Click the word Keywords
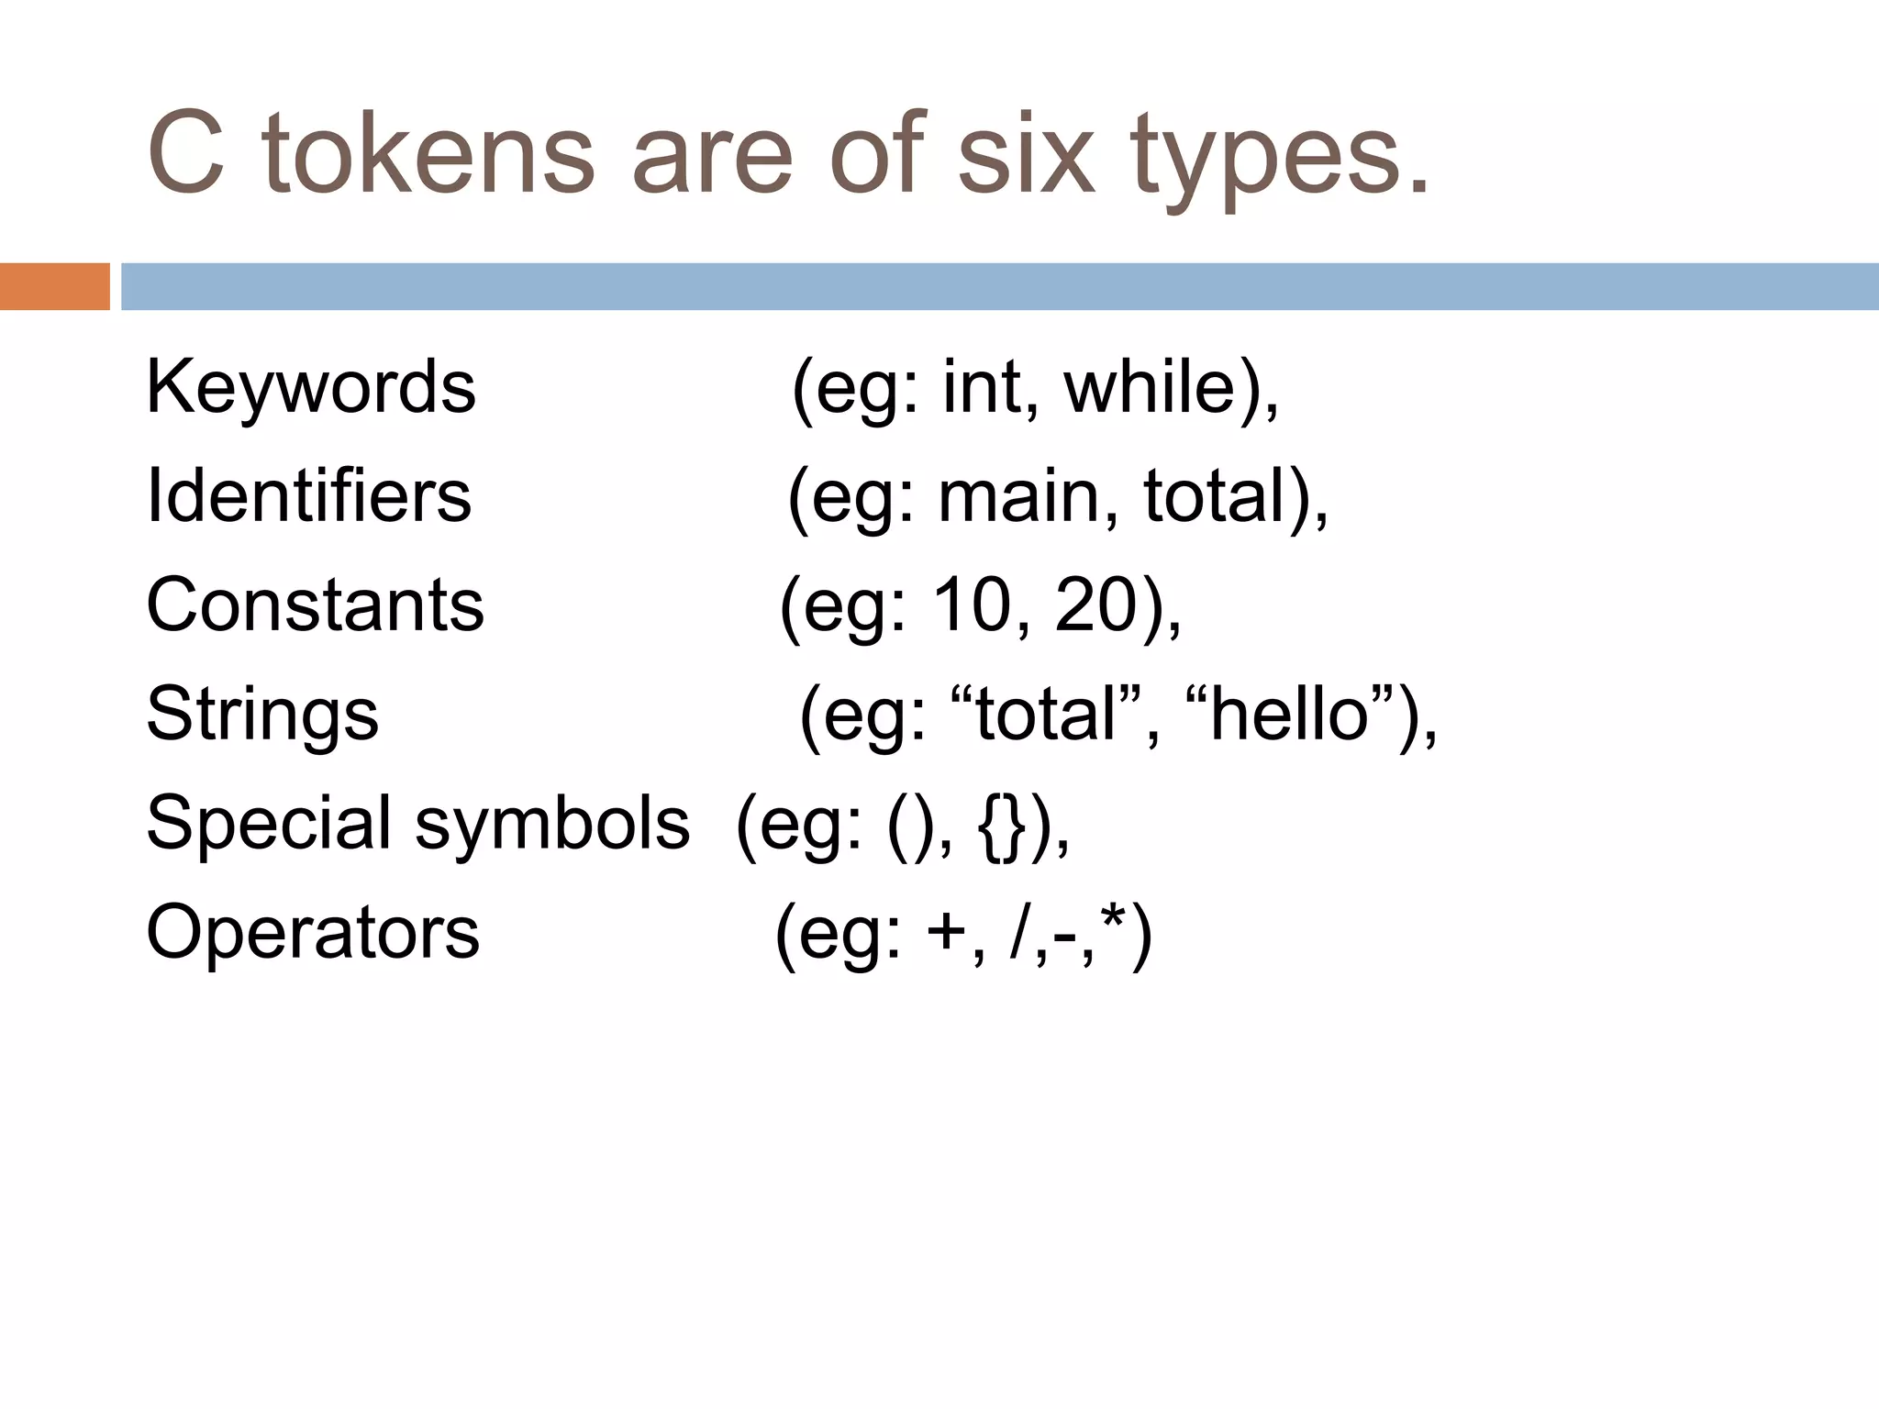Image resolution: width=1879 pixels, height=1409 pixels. point(311,387)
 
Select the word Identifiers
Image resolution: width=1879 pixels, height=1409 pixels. point(308,495)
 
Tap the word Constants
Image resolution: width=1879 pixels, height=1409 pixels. point(315,605)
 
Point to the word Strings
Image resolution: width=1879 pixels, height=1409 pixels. point(262,714)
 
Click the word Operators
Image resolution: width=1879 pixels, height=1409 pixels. point(313,932)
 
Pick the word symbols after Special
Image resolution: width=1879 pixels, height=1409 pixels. point(552,823)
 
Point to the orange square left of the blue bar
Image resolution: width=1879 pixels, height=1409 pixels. point(54,286)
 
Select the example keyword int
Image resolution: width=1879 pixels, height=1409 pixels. point(982,387)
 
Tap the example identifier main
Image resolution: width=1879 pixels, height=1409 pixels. point(1018,496)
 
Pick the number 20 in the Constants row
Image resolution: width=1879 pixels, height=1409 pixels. point(1095,605)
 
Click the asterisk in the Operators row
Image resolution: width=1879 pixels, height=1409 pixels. point(1113,919)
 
